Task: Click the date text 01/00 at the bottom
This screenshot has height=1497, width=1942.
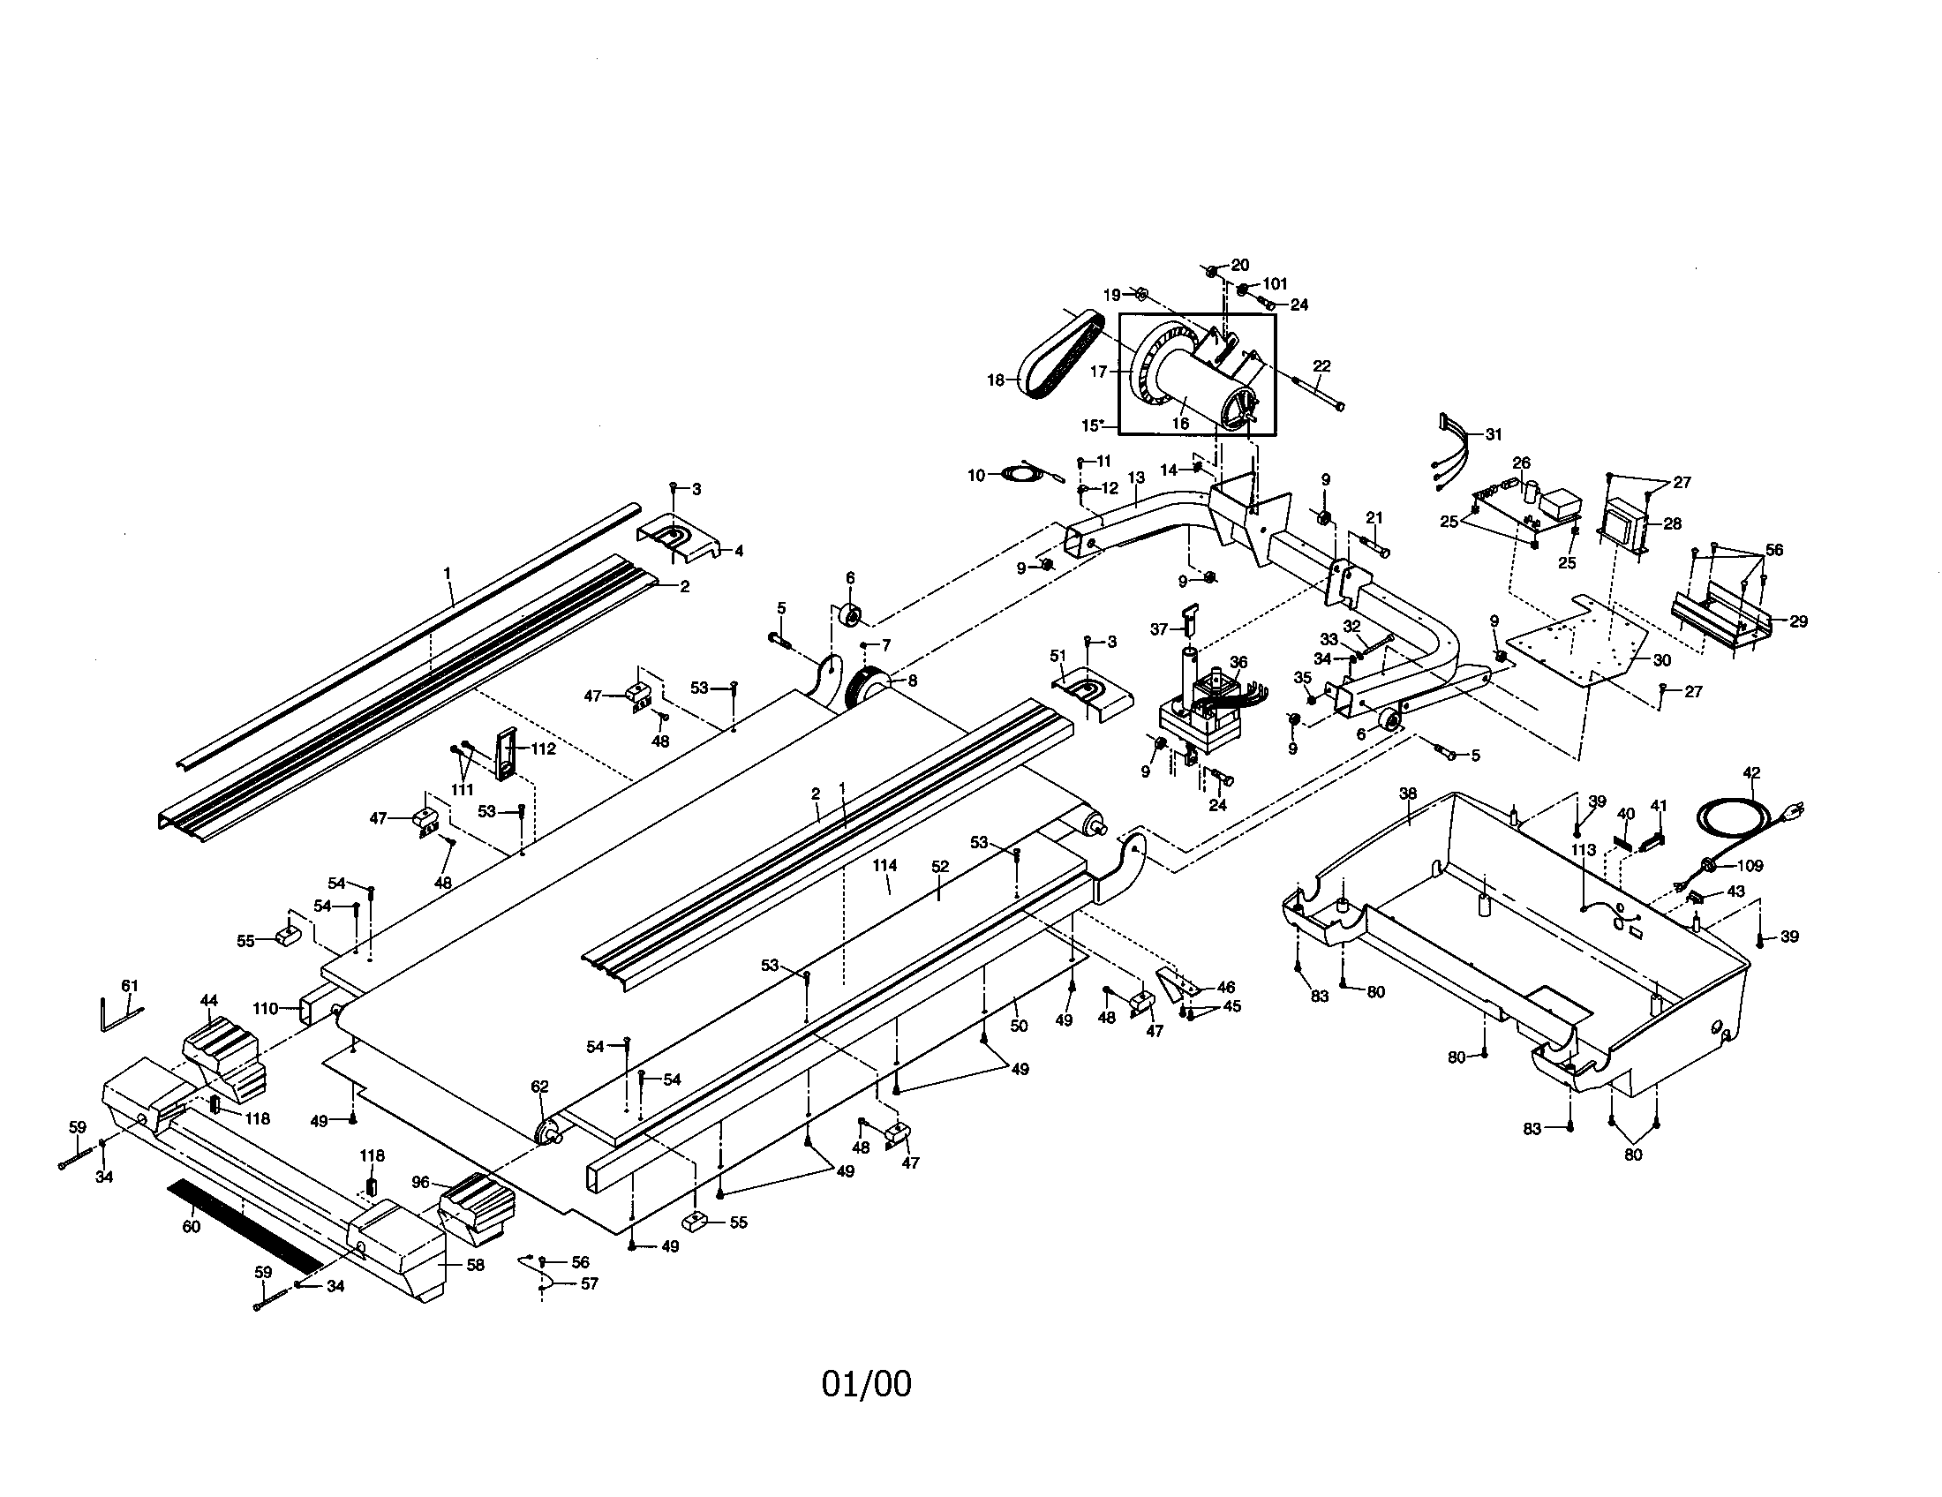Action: click(866, 1384)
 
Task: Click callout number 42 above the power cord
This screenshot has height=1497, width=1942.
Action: click(1750, 772)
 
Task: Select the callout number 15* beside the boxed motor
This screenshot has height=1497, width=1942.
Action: click(1093, 425)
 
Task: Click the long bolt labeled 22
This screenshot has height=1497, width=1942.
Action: click(1316, 394)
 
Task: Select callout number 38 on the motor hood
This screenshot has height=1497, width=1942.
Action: click(1408, 793)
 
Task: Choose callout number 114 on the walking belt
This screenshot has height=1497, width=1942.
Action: click(884, 865)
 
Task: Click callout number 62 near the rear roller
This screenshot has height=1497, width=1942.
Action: click(539, 1087)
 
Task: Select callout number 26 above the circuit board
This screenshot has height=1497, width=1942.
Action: click(1522, 463)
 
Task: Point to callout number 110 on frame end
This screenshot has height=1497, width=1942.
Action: click(265, 1008)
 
